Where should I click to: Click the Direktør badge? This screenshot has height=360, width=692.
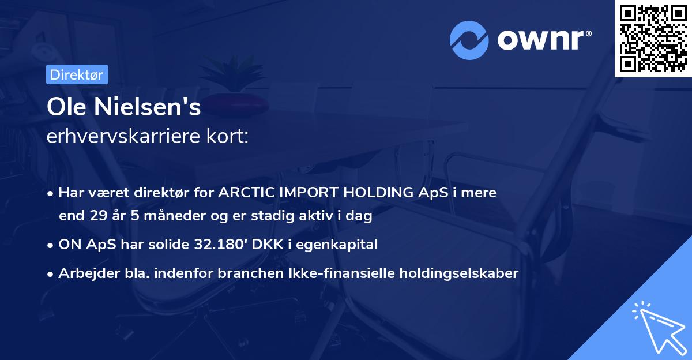click(x=76, y=74)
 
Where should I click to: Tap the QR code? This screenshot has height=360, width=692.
click(x=653, y=39)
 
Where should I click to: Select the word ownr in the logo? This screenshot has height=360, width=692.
click(x=542, y=40)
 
